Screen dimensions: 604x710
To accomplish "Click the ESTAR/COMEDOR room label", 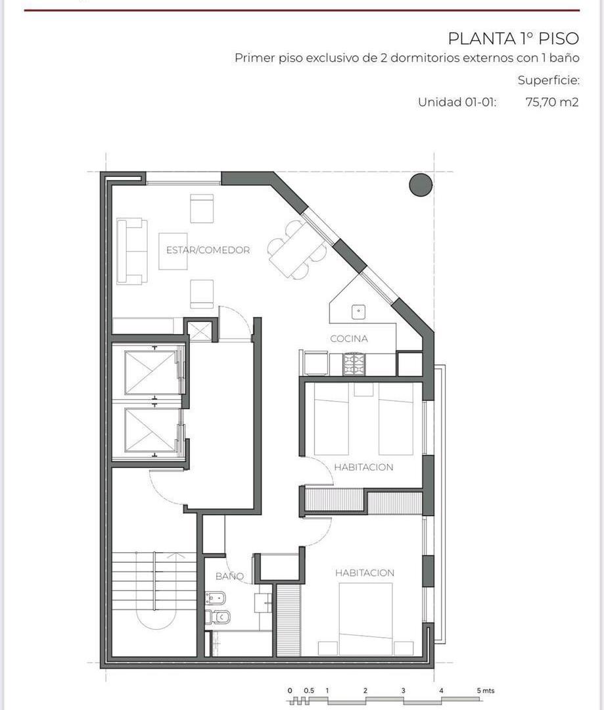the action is [x=208, y=250].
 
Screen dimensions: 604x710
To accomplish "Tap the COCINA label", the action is [x=348, y=339].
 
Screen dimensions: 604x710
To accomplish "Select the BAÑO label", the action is [x=229, y=576].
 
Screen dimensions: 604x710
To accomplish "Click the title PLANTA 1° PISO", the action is [x=513, y=39].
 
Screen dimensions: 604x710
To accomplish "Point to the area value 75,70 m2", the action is [x=552, y=102].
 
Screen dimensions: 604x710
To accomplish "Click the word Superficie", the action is [x=548, y=81].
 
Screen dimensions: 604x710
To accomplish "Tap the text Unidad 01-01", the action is [x=457, y=102].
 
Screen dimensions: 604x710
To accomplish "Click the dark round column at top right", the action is [x=421, y=185].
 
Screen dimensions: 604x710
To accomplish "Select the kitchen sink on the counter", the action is [x=359, y=312].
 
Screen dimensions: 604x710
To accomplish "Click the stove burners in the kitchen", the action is [x=354, y=364].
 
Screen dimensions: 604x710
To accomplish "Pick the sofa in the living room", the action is [x=131, y=251].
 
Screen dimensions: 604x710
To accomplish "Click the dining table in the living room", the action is [x=297, y=250].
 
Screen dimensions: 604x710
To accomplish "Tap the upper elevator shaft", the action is [x=150, y=372].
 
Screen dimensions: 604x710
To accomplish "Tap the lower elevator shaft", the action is [x=150, y=430].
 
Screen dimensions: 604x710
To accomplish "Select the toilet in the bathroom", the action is [x=218, y=617].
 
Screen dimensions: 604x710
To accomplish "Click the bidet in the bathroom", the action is [x=216, y=600].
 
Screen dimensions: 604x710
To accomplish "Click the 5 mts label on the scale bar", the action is [x=486, y=690].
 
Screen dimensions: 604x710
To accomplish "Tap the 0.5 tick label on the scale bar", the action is [x=309, y=690].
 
